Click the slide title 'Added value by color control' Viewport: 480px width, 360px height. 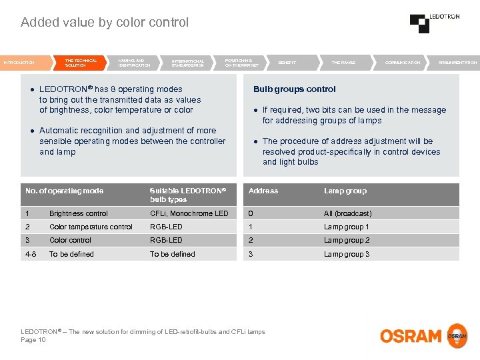point(105,23)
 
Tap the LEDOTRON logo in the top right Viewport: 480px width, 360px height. point(434,22)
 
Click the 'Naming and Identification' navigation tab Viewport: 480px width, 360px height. point(134,63)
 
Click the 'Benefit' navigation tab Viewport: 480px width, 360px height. point(287,63)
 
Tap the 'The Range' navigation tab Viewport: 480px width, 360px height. point(343,63)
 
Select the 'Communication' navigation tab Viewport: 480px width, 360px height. point(403,63)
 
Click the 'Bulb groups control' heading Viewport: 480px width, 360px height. point(294,89)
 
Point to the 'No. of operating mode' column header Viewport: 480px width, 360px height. point(65,191)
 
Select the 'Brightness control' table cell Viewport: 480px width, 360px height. point(79,214)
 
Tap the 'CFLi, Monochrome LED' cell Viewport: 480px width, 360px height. point(189,214)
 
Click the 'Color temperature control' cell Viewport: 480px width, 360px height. point(91,227)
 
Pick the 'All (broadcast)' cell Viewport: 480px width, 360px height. point(347,214)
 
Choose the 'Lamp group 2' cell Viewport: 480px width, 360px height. point(346,241)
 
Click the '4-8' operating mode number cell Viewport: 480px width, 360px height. point(31,254)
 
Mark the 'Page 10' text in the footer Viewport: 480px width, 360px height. point(33,340)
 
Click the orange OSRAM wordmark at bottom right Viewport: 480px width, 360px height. point(411,336)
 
